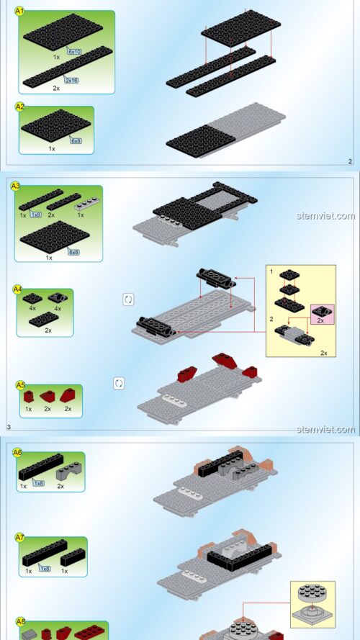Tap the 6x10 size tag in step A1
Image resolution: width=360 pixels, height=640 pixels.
(x=74, y=52)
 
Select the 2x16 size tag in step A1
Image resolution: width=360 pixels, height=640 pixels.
(x=71, y=80)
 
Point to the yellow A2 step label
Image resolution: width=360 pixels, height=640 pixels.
(x=20, y=107)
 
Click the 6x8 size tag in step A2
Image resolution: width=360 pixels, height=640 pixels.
(x=76, y=141)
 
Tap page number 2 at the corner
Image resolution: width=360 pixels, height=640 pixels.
(x=350, y=162)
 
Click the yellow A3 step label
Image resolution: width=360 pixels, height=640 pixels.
(x=16, y=186)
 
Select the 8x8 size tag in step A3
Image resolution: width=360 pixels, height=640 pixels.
(x=73, y=252)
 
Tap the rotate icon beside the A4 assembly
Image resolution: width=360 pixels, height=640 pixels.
(x=128, y=299)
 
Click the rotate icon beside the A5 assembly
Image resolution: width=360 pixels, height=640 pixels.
(x=119, y=383)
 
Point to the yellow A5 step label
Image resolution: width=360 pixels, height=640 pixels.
(x=20, y=385)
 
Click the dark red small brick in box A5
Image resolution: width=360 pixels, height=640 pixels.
(x=28, y=397)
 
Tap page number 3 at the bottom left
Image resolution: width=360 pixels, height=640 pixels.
(x=9, y=428)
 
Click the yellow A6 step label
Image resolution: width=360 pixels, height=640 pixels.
(x=18, y=452)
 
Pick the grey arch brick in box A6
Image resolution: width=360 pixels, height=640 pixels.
(x=62, y=474)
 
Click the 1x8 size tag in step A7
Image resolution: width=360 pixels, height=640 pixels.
(x=45, y=569)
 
